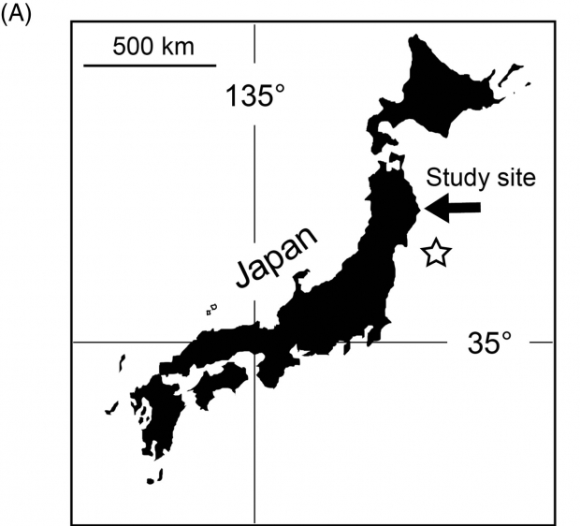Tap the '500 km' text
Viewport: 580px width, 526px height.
pyautogui.click(x=153, y=46)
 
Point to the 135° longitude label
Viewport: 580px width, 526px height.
pyautogui.click(x=254, y=95)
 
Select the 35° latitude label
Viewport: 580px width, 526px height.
pyautogui.click(x=490, y=343)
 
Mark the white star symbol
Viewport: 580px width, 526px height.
pyautogui.click(x=435, y=252)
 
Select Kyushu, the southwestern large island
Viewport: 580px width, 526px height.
pyautogui.click(x=150, y=412)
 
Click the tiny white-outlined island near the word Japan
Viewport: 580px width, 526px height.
pyautogui.click(x=211, y=307)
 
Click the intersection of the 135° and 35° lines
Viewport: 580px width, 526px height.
pyautogui.click(x=255, y=342)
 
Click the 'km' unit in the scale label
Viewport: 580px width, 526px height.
pyautogui.click(x=177, y=46)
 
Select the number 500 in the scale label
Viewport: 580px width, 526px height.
pyautogui.click(x=135, y=46)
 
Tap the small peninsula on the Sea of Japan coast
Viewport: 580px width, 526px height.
pyautogui.click(x=301, y=278)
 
